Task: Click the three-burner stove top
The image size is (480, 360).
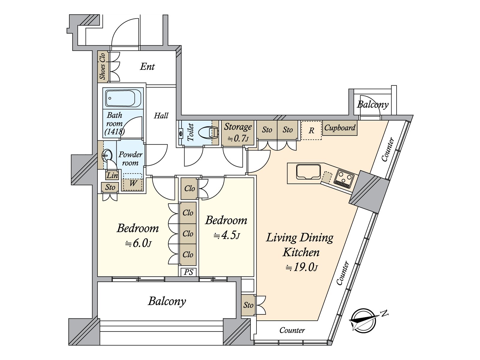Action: [x=344, y=179]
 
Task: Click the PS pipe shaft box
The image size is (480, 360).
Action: [x=188, y=272]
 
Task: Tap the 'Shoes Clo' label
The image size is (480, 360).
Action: [x=102, y=66]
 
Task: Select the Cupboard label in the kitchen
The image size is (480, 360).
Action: [x=340, y=128]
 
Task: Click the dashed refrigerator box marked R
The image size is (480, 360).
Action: [x=311, y=130]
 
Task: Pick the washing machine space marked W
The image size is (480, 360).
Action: [x=133, y=182]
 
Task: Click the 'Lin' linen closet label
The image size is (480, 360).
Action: [x=112, y=175]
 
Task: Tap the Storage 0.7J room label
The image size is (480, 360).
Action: [x=238, y=132]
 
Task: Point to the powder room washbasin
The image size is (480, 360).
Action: [x=107, y=155]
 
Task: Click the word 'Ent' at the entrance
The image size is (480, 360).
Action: [x=147, y=66]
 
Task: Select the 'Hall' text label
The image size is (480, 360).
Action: [x=161, y=115]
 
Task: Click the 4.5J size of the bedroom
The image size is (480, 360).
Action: [x=226, y=235]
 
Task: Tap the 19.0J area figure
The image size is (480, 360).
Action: [x=301, y=267]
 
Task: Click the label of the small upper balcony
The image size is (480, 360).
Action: [x=373, y=104]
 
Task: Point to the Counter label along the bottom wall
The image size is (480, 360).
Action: [x=292, y=330]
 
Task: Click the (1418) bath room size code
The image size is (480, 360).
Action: [x=114, y=132]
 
